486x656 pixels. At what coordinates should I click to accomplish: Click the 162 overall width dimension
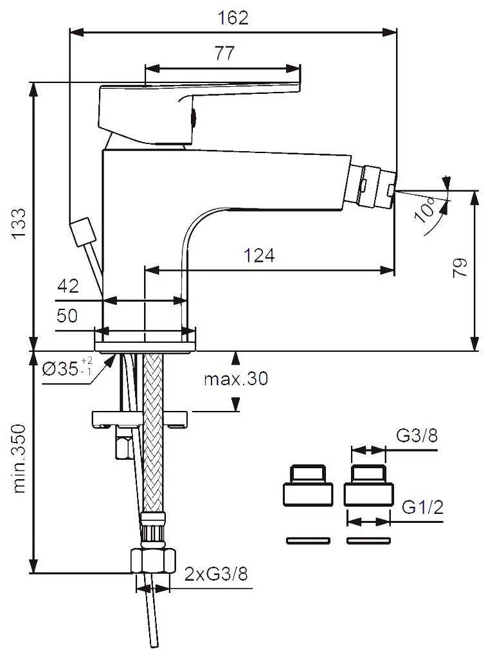click(233, 17)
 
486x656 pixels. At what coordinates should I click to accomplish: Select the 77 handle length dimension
click(224, 54)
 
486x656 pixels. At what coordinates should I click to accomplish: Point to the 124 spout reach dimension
click(259, 256)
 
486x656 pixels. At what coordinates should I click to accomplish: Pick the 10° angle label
click(427, 210)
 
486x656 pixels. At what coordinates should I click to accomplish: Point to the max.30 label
click(236, 379)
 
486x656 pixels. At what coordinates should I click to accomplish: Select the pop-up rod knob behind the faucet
click(82, 232)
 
